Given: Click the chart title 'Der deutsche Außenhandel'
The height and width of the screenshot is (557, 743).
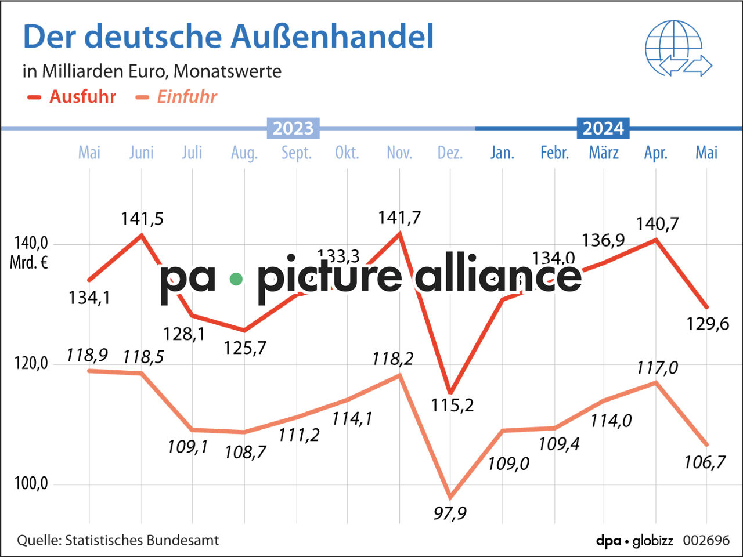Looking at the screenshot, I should point(228,37).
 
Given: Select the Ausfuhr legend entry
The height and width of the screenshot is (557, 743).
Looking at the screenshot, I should point(72,97).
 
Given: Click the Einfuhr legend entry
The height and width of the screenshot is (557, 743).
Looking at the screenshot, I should point(176,97).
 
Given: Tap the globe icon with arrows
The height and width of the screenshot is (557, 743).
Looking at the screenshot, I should point(677,49).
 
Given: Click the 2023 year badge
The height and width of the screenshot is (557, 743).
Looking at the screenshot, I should point(293,128).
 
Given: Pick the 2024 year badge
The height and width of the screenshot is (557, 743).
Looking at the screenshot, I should point(603,128).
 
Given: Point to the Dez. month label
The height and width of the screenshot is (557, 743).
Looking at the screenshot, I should point(450,153).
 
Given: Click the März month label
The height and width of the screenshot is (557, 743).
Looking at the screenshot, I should point(604,153).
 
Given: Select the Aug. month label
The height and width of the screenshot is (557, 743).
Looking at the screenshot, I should point(244,153).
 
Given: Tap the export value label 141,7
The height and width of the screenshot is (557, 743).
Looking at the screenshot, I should point(399,218).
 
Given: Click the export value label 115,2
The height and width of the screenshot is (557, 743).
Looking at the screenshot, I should point(452,405).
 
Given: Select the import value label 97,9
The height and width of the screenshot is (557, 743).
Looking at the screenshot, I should point(450,513).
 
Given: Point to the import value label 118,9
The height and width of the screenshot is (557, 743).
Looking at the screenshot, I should point(87,355).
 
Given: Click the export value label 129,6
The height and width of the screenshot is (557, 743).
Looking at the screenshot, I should point(708,324).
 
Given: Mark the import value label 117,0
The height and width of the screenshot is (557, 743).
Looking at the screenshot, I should point(657,368).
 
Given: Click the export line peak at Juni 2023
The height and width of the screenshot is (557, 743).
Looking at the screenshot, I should point(142,234).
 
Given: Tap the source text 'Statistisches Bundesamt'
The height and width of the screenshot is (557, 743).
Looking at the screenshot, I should point(142,541).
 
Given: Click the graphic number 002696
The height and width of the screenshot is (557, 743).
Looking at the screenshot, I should point(706,541).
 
